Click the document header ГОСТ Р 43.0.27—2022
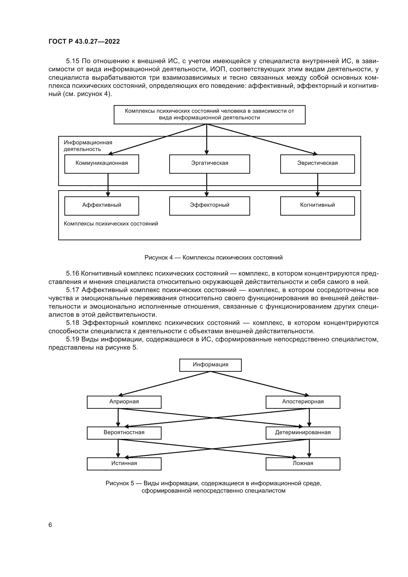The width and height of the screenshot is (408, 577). [84, 41]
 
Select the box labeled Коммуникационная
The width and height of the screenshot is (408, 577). [101, 164]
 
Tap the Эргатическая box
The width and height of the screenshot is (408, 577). [209, 164]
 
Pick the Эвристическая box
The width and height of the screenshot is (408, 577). [317, 164]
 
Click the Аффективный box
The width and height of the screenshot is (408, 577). [101, 206]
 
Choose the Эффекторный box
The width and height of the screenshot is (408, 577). [209, 206]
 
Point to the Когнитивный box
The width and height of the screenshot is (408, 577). [317, 206]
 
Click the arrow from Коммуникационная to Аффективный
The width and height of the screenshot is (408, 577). [108, 185]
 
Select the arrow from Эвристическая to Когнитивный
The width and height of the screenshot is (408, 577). [317, 185]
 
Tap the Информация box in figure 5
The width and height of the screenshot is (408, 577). [210, 365]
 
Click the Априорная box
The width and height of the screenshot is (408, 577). [124, 402]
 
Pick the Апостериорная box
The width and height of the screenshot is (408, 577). [303, 402]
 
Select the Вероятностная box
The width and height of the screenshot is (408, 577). [124, 433]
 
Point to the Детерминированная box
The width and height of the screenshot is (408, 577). [303, 433]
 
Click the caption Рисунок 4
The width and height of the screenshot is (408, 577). [213, 258]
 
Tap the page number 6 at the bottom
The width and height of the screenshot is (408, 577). [50, 525]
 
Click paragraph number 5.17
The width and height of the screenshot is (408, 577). [72, 290]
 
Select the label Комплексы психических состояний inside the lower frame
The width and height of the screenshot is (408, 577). [111, 224]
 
